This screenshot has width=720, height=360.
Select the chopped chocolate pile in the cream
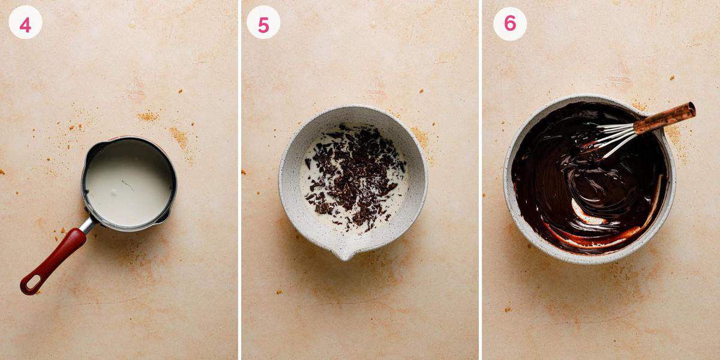(x=354, y=177)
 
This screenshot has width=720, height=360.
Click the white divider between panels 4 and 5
(x=239, y=180)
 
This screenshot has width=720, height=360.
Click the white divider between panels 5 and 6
(x=481, y=180)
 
